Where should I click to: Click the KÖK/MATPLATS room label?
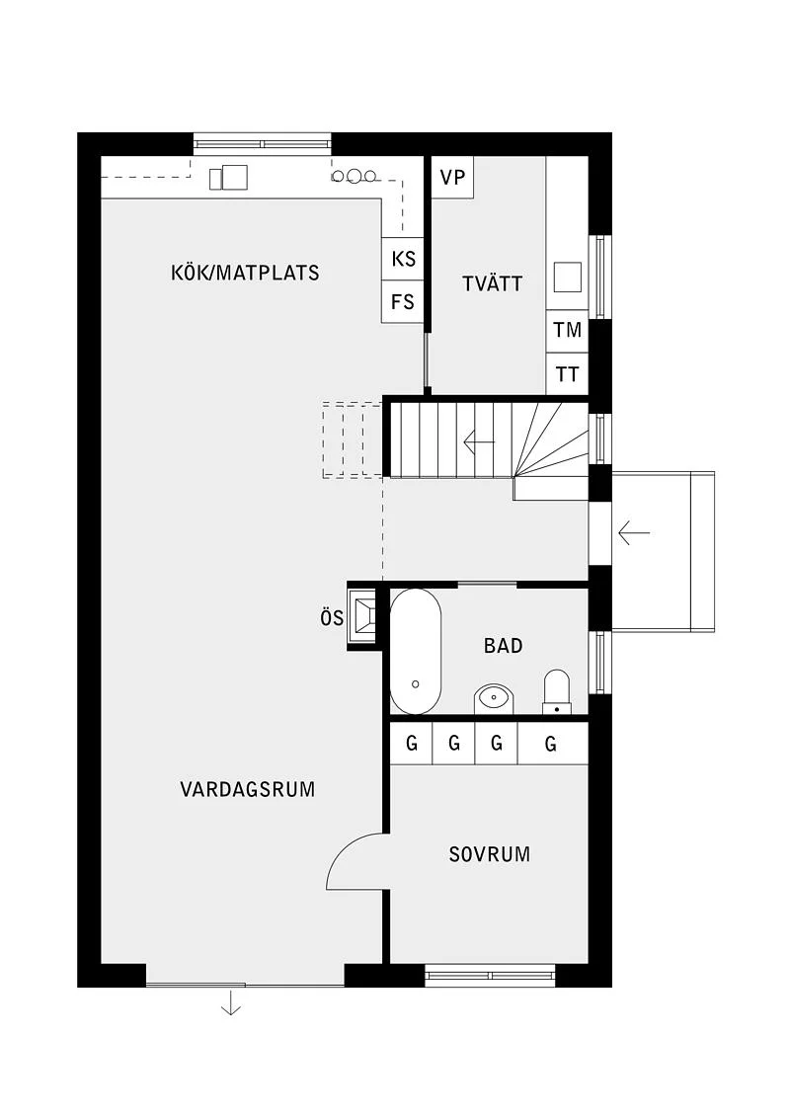[x=245, y=273]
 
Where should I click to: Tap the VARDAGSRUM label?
[x=247, y=789]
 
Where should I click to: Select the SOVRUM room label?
[x=490, y=854]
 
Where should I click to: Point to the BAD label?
[x=503, y=645]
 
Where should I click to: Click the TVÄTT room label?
[x=492, y=283]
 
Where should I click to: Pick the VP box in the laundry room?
[x=452, y=178]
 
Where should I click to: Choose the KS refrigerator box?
[x=403, y=258]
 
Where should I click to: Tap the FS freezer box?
[x=403, y=301]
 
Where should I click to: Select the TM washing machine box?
[x=567, y=331]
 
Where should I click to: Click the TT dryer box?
[x=567, y=374]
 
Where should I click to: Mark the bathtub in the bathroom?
[x=416, y=652]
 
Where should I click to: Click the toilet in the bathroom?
[x=557, y=691]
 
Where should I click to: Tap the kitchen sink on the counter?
[x=229, y=178]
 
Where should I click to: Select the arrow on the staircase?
[x=479, y=441]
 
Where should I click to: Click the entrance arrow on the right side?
[x=634, y=532]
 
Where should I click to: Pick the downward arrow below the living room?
[x=231, y=1001]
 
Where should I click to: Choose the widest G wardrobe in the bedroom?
[x=552, y=744]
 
